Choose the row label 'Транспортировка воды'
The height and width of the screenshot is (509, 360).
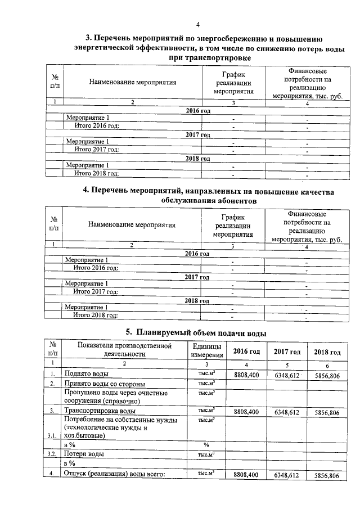point(100,413)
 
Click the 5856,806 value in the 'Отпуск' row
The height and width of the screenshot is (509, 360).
point(327,476)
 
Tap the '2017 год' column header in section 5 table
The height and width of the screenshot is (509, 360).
point(287,352)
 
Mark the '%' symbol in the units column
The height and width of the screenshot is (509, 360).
point(206,444)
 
